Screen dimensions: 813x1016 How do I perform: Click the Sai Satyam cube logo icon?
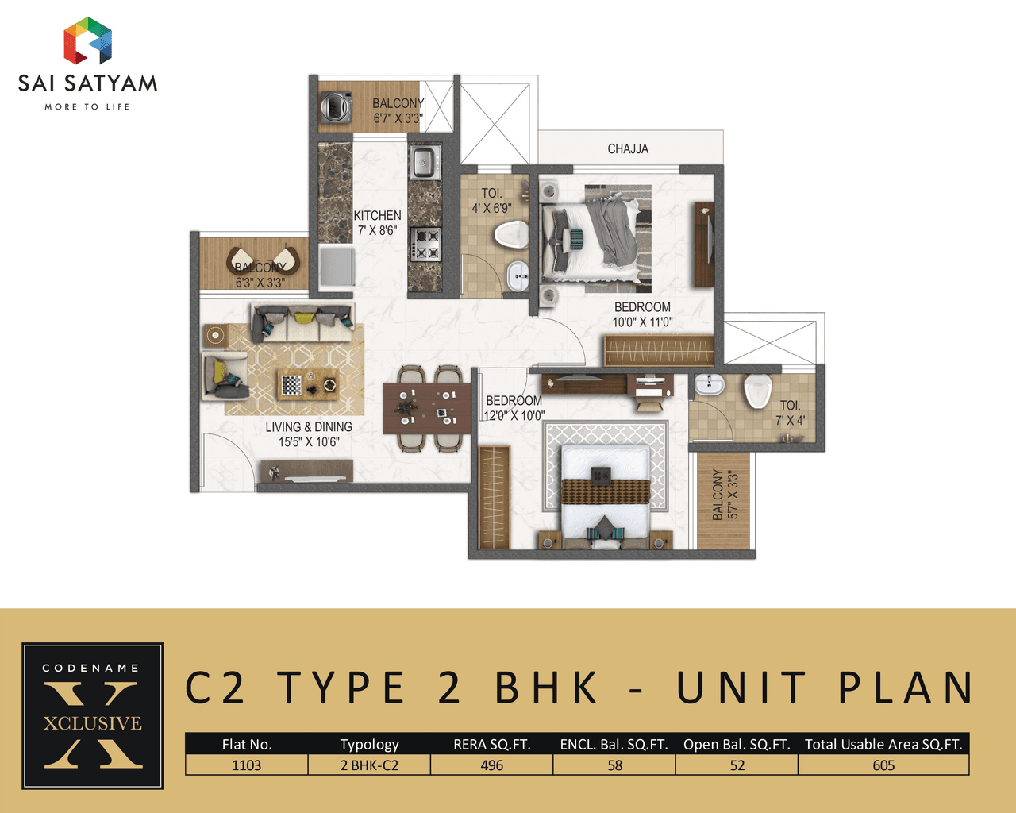tap(87, 41)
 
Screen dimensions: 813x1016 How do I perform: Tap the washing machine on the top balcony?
tap(337, 107)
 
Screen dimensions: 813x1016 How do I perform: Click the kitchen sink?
tap(424, 163)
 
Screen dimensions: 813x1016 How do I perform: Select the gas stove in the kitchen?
tap(425, 245)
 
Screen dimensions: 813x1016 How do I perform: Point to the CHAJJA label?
tap(628, 148)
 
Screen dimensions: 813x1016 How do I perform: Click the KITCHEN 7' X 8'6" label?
tap(377, 223)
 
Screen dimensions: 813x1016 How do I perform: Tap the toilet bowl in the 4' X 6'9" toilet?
tap(511, 234)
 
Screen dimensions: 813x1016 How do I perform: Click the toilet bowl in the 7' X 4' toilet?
tap(758, 391)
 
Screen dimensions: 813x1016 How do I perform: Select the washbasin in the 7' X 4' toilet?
tap(709, 385)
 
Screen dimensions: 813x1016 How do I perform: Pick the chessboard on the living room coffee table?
tap(291, 386)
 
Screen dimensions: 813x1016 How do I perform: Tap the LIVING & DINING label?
tap(309, 434)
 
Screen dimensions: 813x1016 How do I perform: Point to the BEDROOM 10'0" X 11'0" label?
tap(642, 314)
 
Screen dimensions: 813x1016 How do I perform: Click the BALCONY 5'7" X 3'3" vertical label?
tap(725, 495)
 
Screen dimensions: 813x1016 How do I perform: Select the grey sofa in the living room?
tap(302, 322)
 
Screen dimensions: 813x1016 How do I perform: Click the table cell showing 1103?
tap(246, 765)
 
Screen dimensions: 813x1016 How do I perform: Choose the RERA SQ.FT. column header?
tap(491, 744)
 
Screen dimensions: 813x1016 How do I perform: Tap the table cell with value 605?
tap(883, 765)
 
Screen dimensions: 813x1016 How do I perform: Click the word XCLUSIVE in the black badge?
tap(93, 723)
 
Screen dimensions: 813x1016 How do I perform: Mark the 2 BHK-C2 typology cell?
tap(369, 765)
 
